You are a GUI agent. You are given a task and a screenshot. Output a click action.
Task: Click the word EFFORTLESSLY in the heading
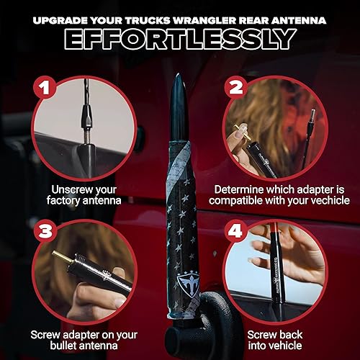coord(179,37)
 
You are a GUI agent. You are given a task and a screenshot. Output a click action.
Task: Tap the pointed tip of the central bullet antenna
coord(178,77)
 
